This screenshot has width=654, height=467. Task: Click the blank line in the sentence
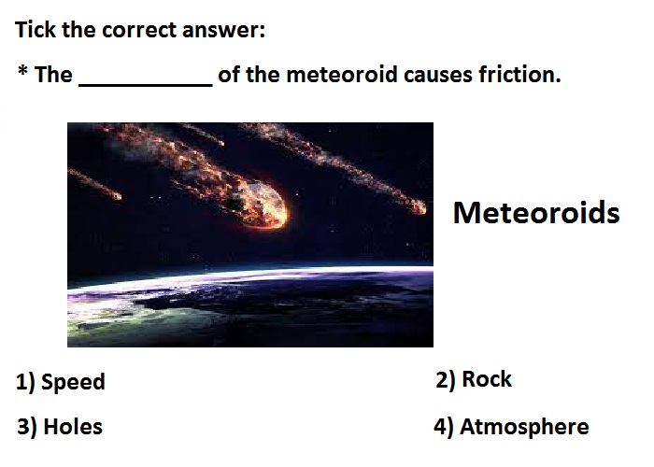point(146,86)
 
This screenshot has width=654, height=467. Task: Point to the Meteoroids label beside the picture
point(536,213)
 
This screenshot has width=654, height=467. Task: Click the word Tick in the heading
point(36,30)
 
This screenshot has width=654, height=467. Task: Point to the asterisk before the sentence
point(23,70)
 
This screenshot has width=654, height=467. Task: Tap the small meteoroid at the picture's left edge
point(95,183)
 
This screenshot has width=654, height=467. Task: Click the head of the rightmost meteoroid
point(417,206)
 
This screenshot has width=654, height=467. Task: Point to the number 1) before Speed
point(25,381)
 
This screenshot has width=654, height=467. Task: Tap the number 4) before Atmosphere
point(444,427)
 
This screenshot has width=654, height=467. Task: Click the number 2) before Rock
point(446,379)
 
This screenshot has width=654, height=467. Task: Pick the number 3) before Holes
point(27,427)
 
